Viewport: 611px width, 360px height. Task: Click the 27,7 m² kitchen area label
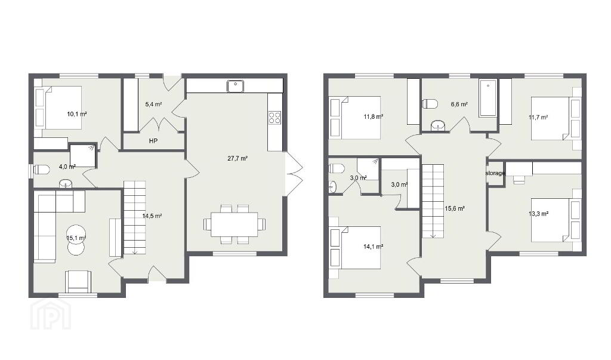(x=237, y=158)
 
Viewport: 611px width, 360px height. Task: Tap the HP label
(x=153, y=141)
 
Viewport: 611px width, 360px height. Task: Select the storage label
(x=495, y=173)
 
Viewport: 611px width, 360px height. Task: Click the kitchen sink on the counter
(x=235, y=86)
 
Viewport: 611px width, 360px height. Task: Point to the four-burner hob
(x=274, y=118)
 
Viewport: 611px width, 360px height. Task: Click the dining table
(x=234, y=224)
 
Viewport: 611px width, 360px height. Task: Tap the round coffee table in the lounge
(x=76, y=234)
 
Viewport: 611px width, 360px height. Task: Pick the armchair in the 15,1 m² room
(x=78, y=281)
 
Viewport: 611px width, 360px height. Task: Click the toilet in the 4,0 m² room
(x=41, y=170)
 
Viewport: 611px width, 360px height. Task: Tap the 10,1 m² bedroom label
(x=77, y=114)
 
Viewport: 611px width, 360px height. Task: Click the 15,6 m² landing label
(x=455, y=209)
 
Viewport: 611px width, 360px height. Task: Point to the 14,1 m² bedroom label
(x=374, y=246)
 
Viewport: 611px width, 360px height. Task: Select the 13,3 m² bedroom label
(x=539, y=213)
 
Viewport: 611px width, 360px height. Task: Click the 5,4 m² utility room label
(x=153, y=104)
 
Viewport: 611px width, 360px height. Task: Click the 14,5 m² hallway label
(x=152, y=216)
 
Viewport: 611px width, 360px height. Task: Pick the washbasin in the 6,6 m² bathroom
(x=439, y=126)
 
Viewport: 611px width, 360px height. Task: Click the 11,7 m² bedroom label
(x=539, y=117)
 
